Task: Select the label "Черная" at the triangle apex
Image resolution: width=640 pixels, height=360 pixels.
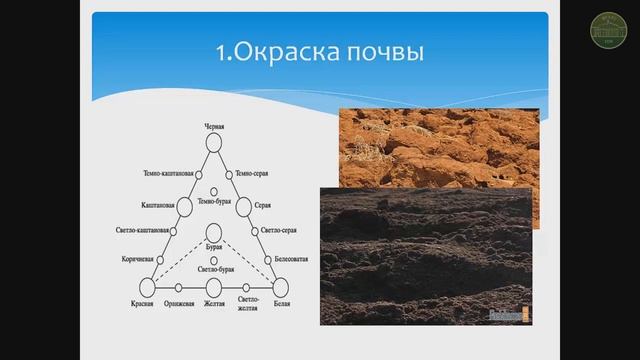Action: [213, 127]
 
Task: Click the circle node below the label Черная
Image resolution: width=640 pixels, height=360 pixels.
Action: [213, 143]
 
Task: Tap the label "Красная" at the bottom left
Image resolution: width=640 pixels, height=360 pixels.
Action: [143, 303]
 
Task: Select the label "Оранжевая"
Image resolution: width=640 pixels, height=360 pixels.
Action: [181, 303]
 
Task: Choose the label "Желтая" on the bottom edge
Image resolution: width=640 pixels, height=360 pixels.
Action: [213, 303]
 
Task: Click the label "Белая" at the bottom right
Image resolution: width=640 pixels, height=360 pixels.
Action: [283, 303]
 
